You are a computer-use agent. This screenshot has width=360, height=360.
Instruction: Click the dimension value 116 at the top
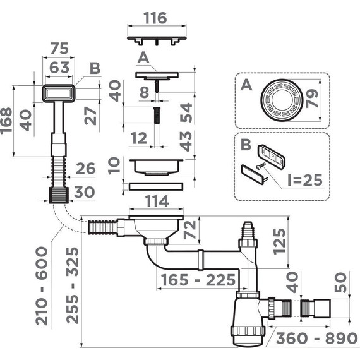(x=155, y=18)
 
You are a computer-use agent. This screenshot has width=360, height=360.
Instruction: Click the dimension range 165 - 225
(x=189, y=279)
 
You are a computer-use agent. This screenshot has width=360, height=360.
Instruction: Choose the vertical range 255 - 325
(x=75, y=286)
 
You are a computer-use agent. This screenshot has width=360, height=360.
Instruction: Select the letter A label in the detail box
(x=243, y=83)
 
